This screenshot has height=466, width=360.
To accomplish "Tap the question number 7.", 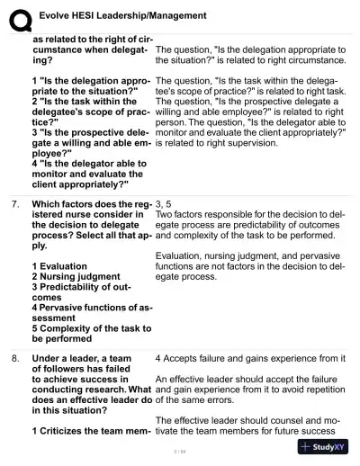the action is pyautogui.click(x=15, y=205).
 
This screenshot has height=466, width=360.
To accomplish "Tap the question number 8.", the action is pyautogui.click(x=15, y=358).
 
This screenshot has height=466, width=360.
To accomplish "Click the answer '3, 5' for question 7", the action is pyautogui.click(x=164, y=205).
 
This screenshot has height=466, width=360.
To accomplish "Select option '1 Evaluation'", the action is pyautogui.click(x=64, y=266).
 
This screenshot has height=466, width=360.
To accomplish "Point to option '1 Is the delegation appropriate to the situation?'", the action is pyautogui.click(x=91, y=86).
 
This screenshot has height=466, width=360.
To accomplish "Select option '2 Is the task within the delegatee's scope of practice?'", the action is pyautogui.click(x=91, y=111).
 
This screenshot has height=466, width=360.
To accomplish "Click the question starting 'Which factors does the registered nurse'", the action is pyautogui.click(x=91, y=223).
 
